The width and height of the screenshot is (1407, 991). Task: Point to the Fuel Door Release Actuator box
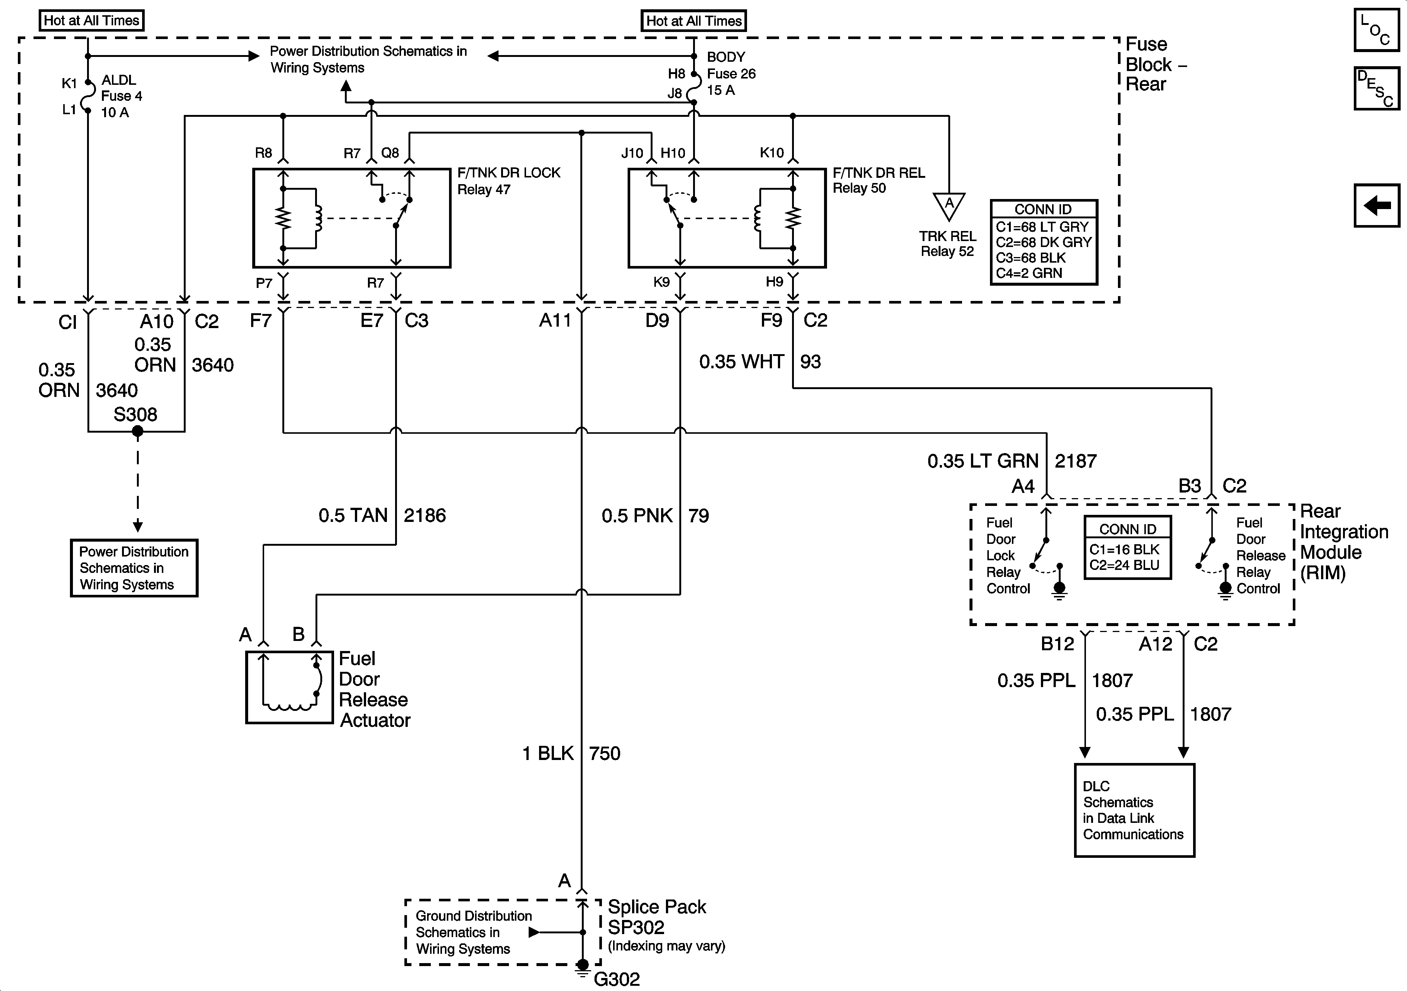(289, 687)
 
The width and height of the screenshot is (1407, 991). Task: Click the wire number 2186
(425, 516)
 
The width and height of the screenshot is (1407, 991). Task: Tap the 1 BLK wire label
(548, 753)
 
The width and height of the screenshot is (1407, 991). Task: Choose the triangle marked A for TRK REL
(949, 205)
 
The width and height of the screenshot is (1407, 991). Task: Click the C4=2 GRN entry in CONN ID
(1029, 273)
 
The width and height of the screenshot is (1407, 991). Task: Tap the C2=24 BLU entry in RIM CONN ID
(1125, 565)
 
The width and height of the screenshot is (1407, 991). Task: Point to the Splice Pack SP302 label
(656, 917)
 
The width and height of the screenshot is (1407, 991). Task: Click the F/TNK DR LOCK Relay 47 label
(509, 181)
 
